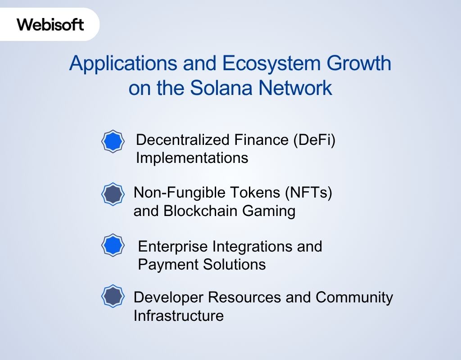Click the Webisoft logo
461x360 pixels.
50,24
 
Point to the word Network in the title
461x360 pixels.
295,88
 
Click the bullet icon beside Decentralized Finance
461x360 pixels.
113,142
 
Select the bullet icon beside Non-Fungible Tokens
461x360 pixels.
113,194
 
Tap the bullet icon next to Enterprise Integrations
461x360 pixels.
113,246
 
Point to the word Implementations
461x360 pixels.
192,158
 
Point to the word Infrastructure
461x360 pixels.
178,315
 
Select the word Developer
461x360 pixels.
169,297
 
